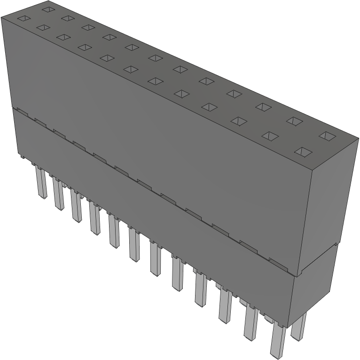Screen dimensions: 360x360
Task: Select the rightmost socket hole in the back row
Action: click(x=327, y=136)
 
